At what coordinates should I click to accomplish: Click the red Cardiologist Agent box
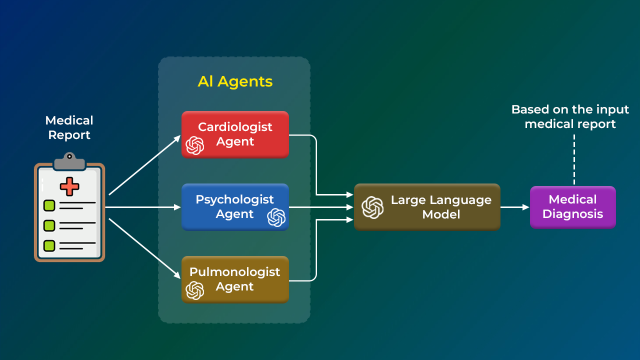pyautogui.click(x=235, y=134)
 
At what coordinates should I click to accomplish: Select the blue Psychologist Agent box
pyautogui.click(x=235, y=206)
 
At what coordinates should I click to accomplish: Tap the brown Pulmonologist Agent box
pyautogui.click(x=235, y=279)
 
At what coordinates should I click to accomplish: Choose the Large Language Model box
pyautogui.click(x=427, y=207)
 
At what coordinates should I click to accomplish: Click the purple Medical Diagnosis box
pyautogui.click(x=572, y=207)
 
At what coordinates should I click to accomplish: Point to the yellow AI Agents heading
pyautogui.click(x=235, y=81)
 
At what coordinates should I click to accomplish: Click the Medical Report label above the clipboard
pyautogui.click(x=69, y=127)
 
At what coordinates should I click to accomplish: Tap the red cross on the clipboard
pyautogui.click(x=69, y=186)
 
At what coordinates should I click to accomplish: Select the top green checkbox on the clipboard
pyautogui.click(x=49, y=205)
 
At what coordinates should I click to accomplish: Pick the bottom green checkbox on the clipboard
pyautogui.click(x=49, y=245)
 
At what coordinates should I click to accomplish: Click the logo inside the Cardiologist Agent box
pyautogui.click(x=195, y=145)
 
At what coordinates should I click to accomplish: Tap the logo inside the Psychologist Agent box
pyautogui.click(x=276, y=217)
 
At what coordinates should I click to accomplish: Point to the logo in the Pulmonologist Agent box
pyautogui.click(x=195, y=290)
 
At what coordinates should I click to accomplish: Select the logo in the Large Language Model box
pyautogui.click(x=372, y=207)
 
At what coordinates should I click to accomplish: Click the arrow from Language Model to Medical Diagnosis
pyautogui.click(x=515, y=207)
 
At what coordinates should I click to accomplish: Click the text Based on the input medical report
pyautogui.click(x=570, y=116)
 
